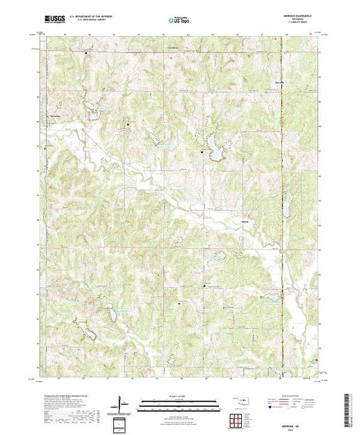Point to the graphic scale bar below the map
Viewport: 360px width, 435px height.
pyautogui.click(x=178, y=403)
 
